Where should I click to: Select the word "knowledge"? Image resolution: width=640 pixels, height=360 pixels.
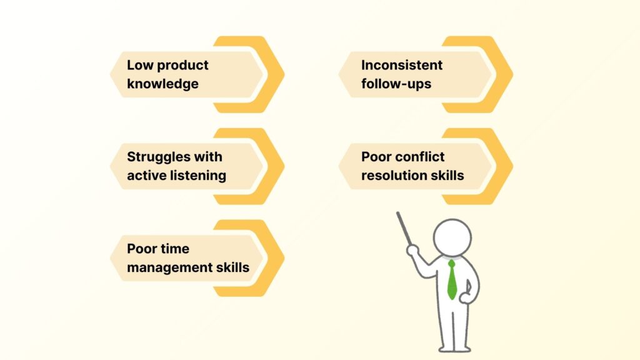tap(162, 84)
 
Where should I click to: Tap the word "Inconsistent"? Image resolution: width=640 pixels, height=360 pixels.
tap(402, 65)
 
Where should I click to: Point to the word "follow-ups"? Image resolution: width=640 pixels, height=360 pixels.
tap(396, 84)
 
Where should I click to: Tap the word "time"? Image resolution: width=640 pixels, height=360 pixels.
tap(175, 249)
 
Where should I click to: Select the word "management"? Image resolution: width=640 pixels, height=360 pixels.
tap(168, 267)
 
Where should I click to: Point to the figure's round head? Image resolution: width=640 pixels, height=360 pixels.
tap(452, 236)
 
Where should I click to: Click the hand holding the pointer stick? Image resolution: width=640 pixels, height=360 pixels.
tap(412, 251)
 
